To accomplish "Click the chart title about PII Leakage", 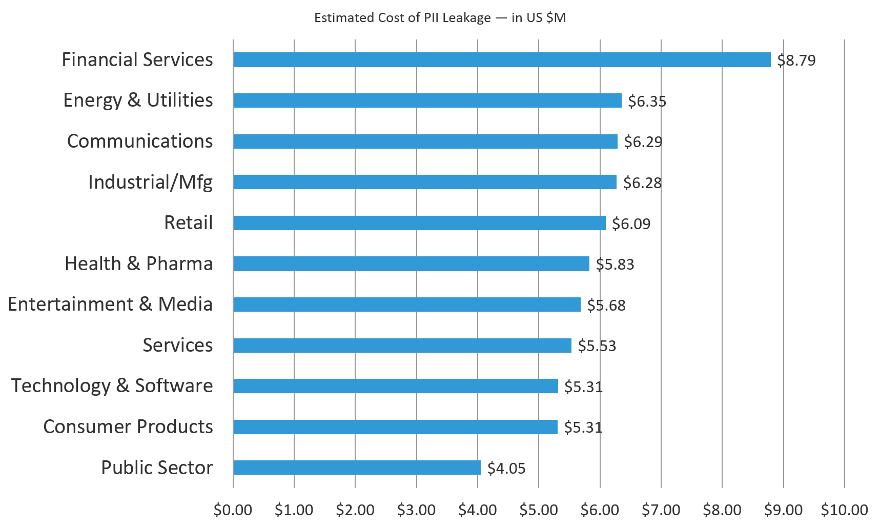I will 440,18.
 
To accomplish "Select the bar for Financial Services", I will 501,59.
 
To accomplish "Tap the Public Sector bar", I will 357,468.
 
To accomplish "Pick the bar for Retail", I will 419,223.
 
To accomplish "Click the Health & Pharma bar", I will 411,263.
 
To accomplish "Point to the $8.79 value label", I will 796,60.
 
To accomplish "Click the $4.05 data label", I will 506,468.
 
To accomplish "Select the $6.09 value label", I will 631,224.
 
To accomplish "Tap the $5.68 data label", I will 606,305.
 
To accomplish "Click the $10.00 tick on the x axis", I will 844,510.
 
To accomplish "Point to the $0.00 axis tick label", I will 233,510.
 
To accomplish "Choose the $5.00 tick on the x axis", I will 539,510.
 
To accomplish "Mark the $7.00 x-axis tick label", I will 661,510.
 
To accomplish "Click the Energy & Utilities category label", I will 138,100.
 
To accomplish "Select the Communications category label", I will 139,141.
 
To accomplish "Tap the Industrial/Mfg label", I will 150,182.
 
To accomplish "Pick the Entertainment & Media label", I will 110,304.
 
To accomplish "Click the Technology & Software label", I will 112,386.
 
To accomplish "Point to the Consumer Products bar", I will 395,427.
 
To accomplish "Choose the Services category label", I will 177,345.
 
